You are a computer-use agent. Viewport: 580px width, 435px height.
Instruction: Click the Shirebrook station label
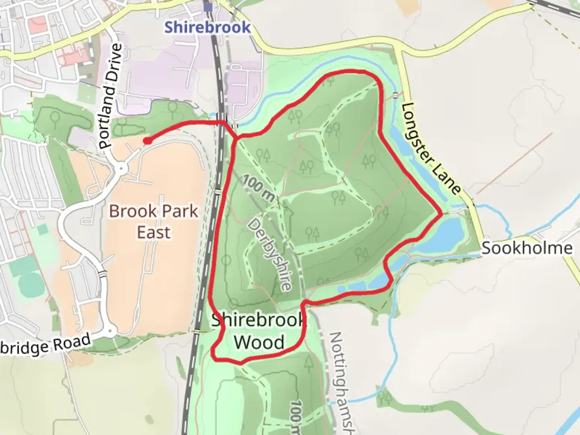[x=207, y=27]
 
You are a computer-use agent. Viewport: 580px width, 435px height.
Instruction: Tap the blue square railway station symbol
[x=208, y=7]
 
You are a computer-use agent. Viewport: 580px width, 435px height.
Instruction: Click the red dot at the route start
[x=148, y=141]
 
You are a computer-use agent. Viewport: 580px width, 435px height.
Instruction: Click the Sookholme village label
[x=527, y=248]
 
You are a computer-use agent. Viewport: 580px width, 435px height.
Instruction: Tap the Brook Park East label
[x=154, y=222]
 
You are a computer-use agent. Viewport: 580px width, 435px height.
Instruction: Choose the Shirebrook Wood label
[x=259, y=331]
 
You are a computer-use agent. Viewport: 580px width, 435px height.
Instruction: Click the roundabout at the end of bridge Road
[x=110, y=331]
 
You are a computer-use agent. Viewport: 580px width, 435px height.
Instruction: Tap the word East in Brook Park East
[x=154, y=232]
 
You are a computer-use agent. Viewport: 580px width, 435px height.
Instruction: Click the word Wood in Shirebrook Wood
[x=259, y=342]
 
